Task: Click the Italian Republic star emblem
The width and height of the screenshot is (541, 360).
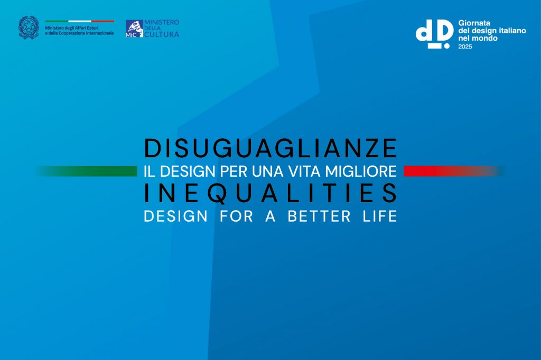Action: (29, 27)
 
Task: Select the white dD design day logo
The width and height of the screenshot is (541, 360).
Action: (434, 34)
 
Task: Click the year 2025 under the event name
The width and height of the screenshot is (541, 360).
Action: (465, 46)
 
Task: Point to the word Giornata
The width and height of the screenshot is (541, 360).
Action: (474, 23)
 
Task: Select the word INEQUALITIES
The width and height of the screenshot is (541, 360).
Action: (270, 194)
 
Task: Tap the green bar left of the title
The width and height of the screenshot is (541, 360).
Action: (90, 171)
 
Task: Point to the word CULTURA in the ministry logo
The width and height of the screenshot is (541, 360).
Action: (162, 35)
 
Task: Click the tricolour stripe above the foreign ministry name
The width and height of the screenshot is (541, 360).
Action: (79, 21)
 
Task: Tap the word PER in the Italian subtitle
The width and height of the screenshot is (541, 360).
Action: (231, 171)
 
